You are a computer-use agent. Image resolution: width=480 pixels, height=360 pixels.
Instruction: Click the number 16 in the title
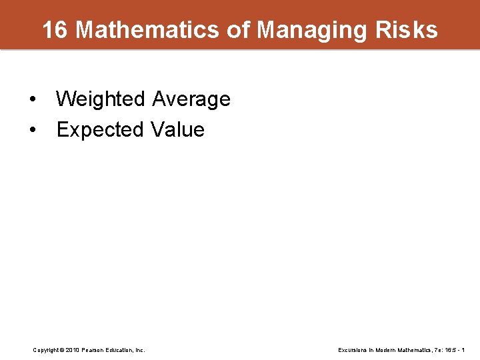(x=55, y=30)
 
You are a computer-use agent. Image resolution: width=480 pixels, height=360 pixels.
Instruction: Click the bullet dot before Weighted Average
(x=33, y=100)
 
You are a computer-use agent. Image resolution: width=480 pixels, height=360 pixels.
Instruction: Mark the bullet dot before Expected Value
(x=33, y=130)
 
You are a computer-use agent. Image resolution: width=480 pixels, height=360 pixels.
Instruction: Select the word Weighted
(x=101, y=99)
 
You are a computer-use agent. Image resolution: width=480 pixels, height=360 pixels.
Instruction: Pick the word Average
(x=191, y=99)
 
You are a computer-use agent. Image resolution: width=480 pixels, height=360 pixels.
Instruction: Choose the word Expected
(x=101, y=129)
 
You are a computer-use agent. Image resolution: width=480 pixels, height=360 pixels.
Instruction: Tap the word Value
(x=178, y=129)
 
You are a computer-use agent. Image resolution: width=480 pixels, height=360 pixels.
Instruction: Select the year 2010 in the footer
(x=73, y=350)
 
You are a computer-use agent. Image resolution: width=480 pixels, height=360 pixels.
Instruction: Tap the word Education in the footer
(x=120, y=350)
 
